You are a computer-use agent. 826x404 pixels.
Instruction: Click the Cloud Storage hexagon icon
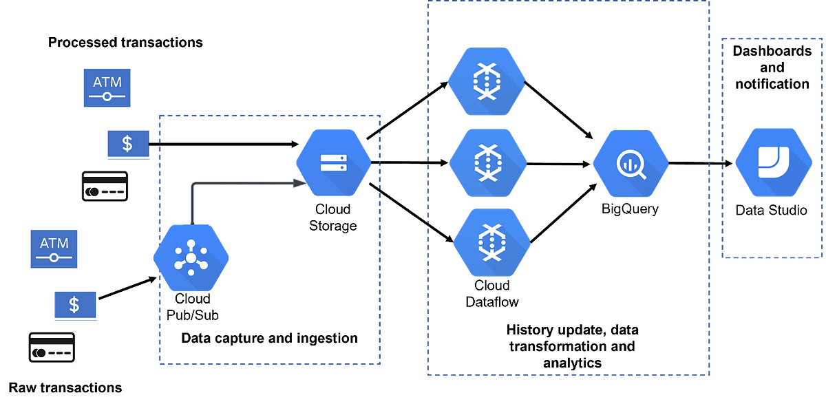tap(333, 162)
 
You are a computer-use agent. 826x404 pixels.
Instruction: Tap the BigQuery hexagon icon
tap(631, 164)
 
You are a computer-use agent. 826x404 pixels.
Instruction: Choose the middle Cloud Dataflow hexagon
tap(487, 164)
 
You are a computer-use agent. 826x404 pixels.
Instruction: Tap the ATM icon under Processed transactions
tap(107, 87)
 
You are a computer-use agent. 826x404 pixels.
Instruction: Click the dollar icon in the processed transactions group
tap(127, 144)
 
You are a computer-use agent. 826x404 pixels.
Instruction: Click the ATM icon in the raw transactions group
tap(53, 249)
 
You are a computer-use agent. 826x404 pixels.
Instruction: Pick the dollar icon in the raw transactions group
tap(74, 304)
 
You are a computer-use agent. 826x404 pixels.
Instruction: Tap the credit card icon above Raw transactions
tap(53, 349)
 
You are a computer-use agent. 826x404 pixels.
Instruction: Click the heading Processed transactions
tap(125, 43)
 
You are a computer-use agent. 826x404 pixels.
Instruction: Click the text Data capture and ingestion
tap(269, 338)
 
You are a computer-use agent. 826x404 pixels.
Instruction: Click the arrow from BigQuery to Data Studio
tap(699, 164)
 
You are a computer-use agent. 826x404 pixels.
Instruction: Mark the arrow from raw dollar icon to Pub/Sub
tap(126, 289)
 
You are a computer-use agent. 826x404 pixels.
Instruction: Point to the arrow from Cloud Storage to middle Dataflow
tap(410, 164)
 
